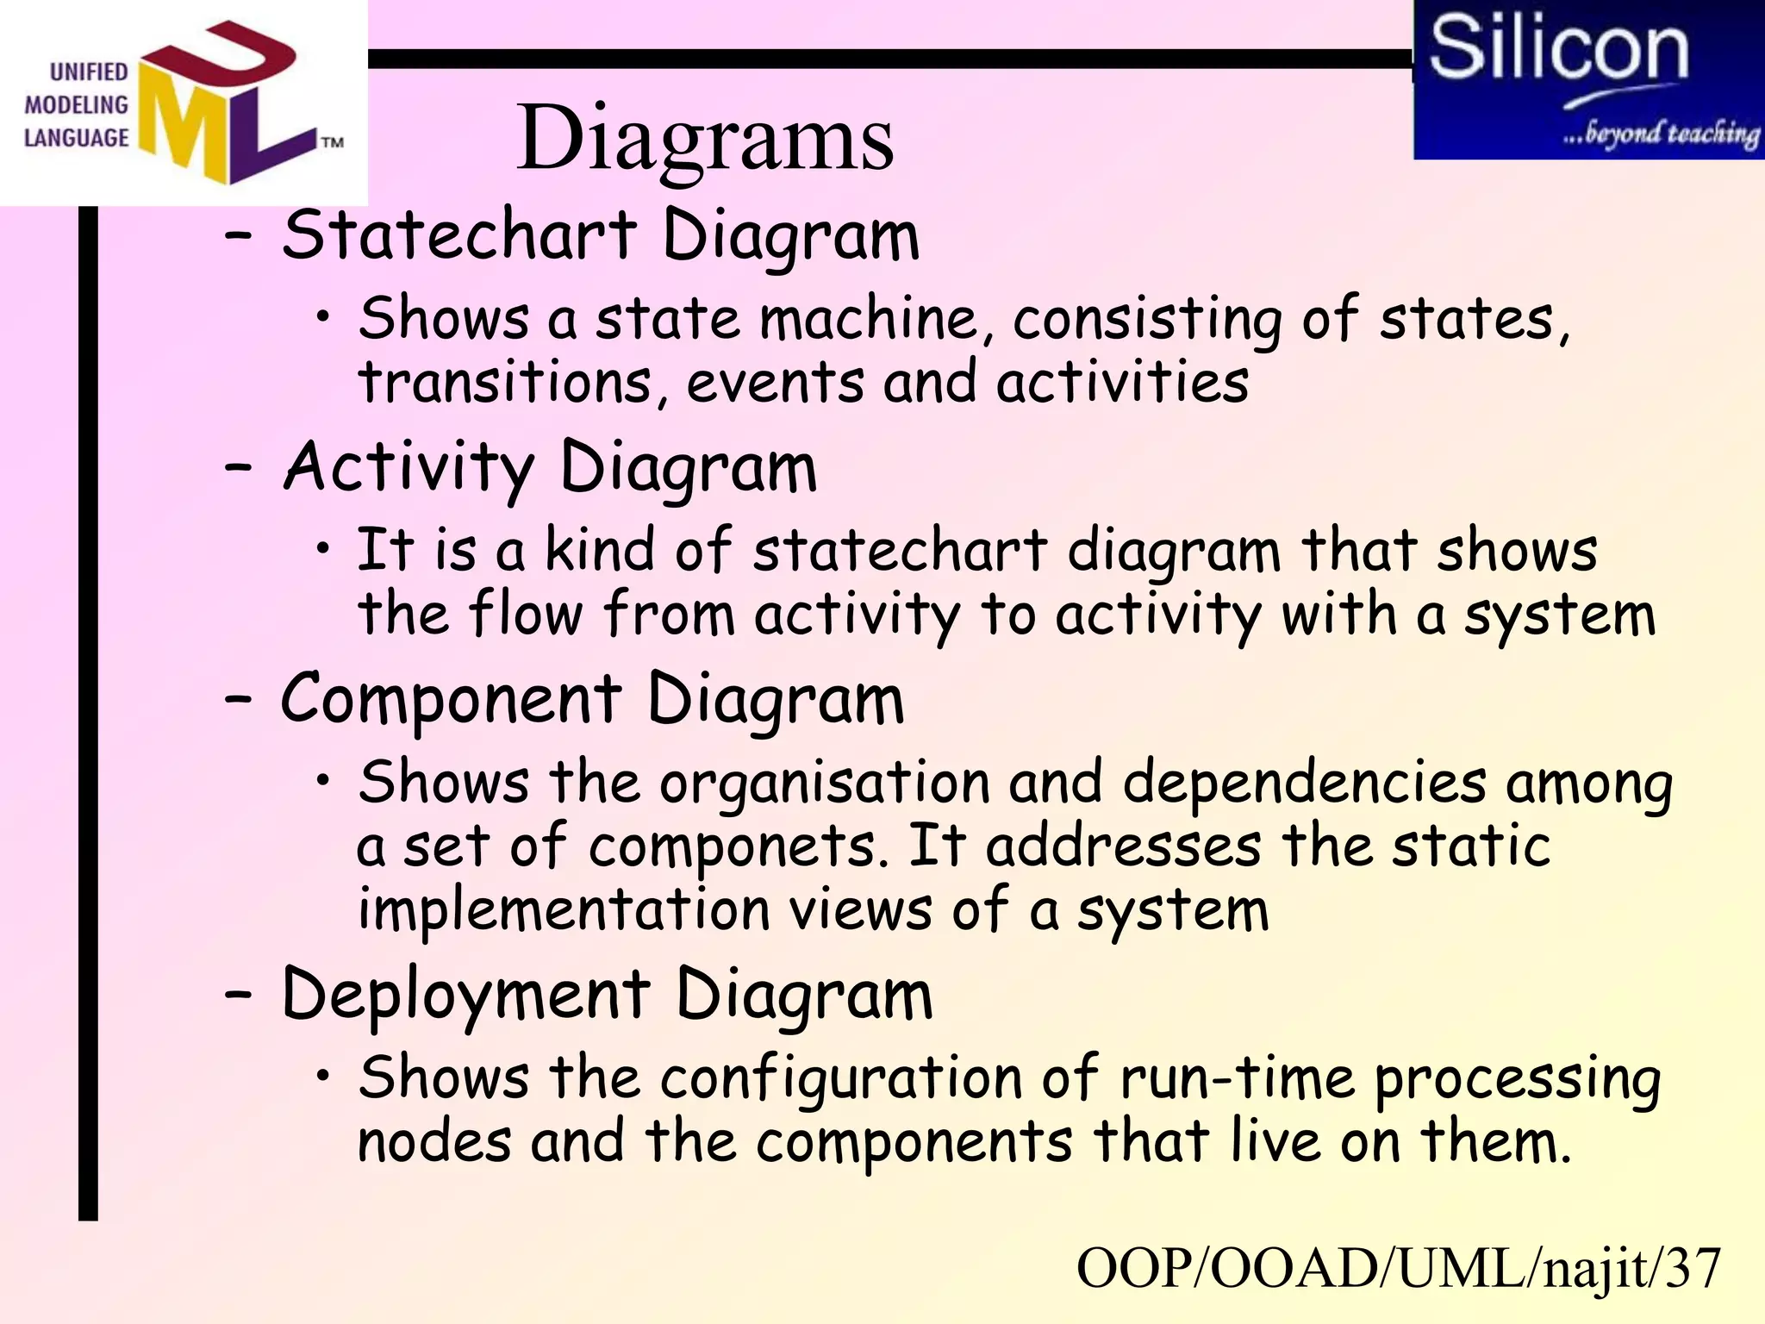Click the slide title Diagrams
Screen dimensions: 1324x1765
click(705, 138)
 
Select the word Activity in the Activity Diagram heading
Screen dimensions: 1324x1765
click(409, 468)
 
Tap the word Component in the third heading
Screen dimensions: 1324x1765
click(451, 700)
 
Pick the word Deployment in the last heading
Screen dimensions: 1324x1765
click(465, 996)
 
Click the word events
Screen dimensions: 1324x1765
click(775, 382)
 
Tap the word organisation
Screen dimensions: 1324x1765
click(825, 784)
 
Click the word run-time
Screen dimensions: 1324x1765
click(1237, 1079)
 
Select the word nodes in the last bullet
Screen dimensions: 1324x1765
click(433, 1142)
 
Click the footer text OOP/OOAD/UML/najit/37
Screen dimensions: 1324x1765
click(1398, 1269)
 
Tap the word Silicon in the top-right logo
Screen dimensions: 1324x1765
click(1558, 49)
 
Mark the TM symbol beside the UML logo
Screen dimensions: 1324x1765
click(332, 142)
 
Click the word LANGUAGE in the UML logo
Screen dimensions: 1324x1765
click(76, 138)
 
